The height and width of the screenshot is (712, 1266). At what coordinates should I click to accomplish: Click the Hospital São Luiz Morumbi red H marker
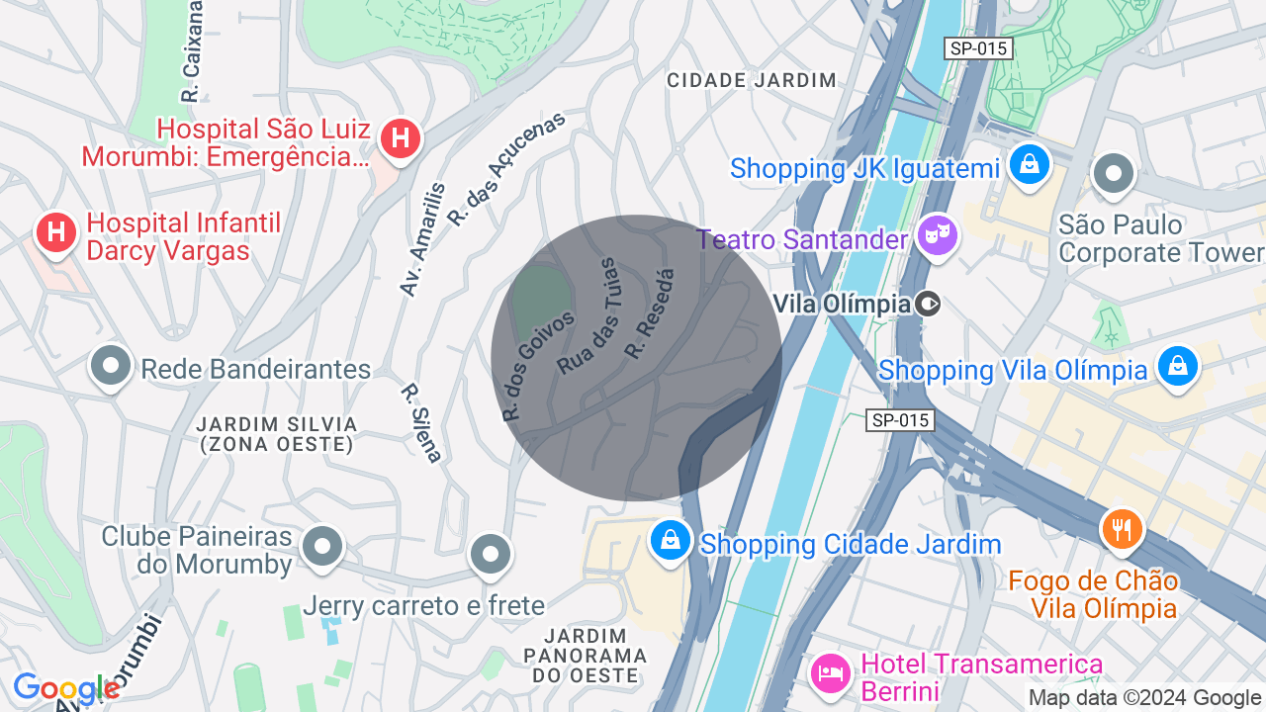[400, 137]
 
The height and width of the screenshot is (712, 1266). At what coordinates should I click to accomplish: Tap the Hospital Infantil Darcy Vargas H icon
[56, 233]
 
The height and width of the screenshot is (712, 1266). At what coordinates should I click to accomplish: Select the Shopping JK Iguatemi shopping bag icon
[1030, 165]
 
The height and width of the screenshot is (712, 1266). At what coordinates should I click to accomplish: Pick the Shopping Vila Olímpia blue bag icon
[1177, 367]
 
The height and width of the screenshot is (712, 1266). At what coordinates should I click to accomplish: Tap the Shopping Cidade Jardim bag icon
[671, 541]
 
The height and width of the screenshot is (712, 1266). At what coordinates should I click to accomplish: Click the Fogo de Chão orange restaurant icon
[1122, 529]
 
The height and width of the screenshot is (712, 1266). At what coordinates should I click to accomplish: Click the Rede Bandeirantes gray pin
[111, 366]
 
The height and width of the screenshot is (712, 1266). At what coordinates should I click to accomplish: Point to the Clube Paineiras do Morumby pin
[322, 546]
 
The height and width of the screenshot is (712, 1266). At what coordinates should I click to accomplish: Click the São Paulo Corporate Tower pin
[1114, 174]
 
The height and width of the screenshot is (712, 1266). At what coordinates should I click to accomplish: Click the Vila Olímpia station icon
[928, 304]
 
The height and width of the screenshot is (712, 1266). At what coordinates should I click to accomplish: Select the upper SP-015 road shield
[978, 48]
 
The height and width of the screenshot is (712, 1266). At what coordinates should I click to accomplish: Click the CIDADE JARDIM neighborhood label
[752, 80]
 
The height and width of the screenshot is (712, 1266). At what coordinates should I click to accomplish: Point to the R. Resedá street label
[650, 313]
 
